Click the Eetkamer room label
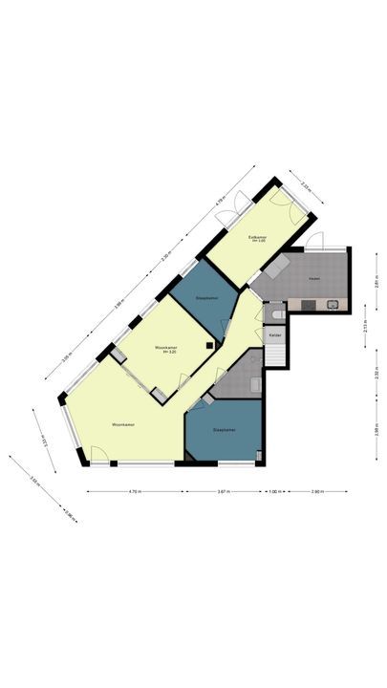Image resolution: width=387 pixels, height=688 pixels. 257,237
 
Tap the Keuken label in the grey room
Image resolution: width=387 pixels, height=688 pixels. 313,278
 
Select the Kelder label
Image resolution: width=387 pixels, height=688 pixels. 274,335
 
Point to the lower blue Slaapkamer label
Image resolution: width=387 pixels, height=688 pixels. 225,430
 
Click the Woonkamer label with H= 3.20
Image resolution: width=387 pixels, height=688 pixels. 171,349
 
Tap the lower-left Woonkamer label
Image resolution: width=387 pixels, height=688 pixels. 121,423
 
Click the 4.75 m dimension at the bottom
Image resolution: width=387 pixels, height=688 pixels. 134,492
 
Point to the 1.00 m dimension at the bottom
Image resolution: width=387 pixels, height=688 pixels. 274,492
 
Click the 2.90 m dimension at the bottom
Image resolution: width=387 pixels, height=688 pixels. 316,492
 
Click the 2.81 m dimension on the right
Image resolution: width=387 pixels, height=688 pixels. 376,282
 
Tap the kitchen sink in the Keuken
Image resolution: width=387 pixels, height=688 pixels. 333,305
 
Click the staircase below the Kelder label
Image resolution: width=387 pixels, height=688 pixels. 275,355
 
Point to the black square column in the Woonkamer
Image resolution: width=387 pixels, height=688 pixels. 210,345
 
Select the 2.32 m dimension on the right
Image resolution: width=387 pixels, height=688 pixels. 376,374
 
